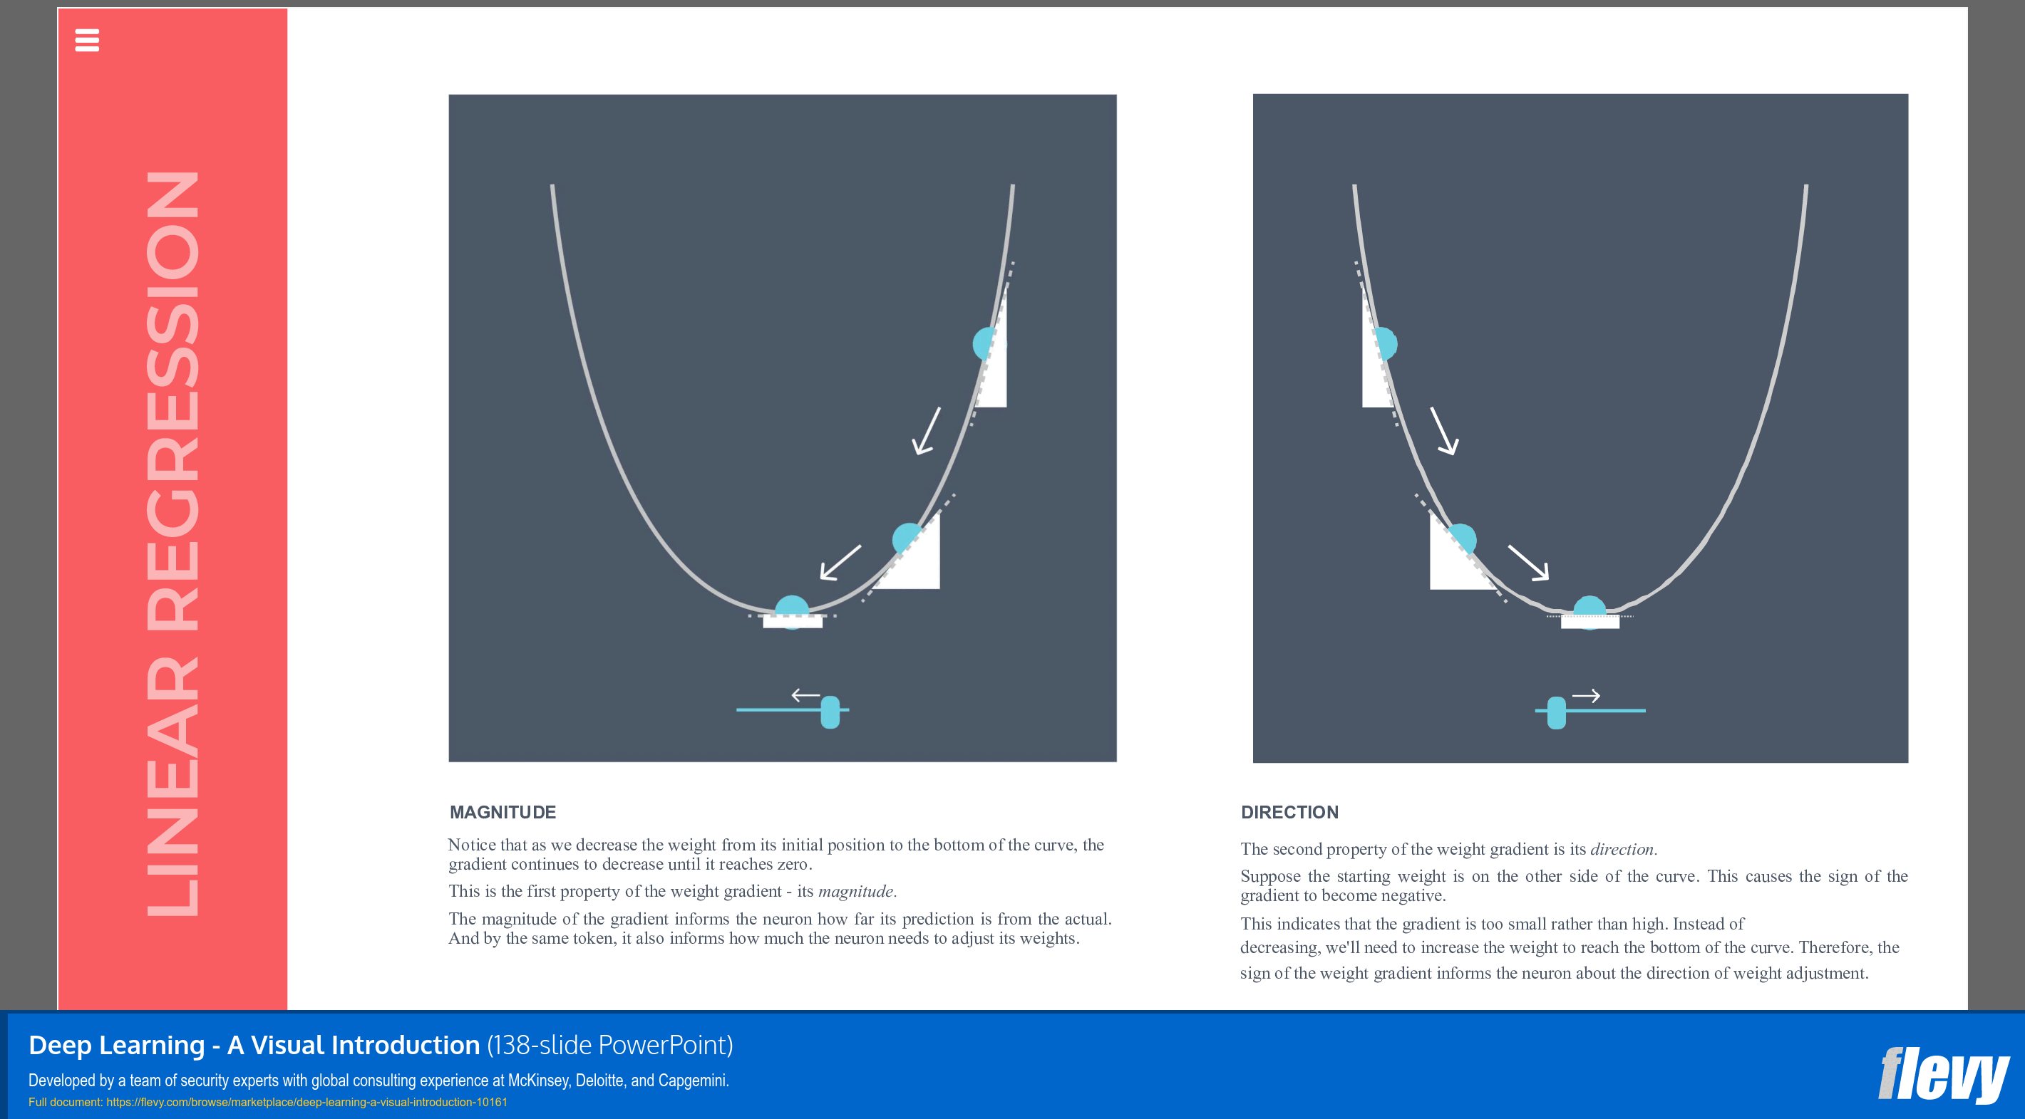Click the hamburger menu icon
point(86,40)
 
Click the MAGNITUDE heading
point(503,813)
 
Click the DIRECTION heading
point(1289,813)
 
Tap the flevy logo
point(1942,1074)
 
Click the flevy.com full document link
point(306,1103)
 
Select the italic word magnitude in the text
point(855,891)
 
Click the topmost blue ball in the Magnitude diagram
point(986,343)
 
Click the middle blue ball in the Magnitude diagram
point(907,538)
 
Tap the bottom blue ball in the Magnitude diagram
point(792,610)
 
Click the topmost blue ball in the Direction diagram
point(1384,343)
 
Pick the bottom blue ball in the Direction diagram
point(1589,610)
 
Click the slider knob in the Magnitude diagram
point(830,712)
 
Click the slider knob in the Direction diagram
point(1557,713)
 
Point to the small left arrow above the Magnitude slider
point(805,695)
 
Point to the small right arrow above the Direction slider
point(1585,695)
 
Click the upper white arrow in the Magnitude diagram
point(927,431)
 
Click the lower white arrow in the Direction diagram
point(1528,563)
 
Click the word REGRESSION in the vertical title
point(173,401)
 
